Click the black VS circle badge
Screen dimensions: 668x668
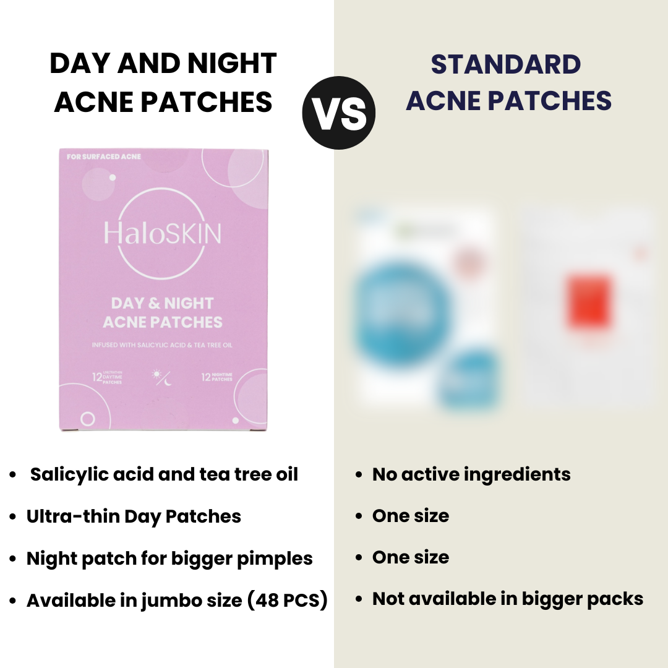tap(339, 113)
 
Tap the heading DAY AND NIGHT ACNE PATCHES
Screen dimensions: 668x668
tap(163, 83)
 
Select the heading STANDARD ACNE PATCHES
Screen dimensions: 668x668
tap(508, 83)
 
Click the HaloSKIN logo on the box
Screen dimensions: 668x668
tap(162, 233)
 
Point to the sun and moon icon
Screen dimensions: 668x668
tap(163, 377)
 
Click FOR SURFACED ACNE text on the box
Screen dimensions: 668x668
tap(95, 157)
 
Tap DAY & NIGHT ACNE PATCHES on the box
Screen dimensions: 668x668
tap(163, 312)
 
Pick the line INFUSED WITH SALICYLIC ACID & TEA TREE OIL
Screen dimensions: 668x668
tap(163, 345)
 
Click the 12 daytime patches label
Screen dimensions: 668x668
tap(107, 377)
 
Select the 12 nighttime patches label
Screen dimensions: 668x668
tap(216, 377)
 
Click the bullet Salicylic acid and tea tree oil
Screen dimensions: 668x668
tap(164, 474)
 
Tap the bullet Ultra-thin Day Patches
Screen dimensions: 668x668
tap(134, 516)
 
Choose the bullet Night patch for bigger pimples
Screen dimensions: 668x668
tap(169, 559)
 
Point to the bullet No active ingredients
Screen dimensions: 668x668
tap(471, 474)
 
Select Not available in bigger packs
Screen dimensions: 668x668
tap(508, 599)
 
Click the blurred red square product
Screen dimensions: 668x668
tap(589, 302)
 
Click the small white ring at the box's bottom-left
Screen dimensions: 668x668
tap(88, 419)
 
